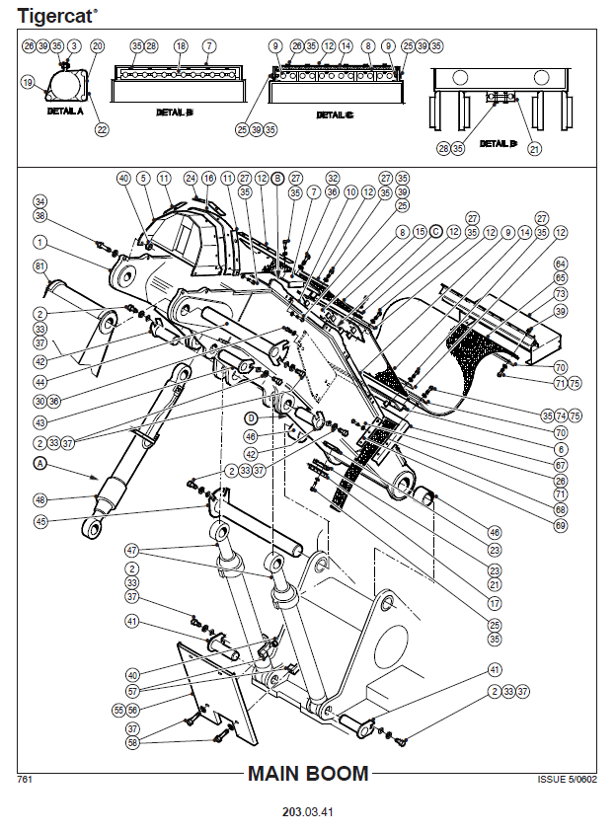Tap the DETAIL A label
65,112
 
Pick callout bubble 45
40,522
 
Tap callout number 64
560,264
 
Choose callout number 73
560,294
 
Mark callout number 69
560,525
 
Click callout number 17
495,602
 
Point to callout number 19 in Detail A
28,83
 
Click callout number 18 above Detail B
180,46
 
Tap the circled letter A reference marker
40,462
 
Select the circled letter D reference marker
251,417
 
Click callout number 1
40,241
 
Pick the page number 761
26,779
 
